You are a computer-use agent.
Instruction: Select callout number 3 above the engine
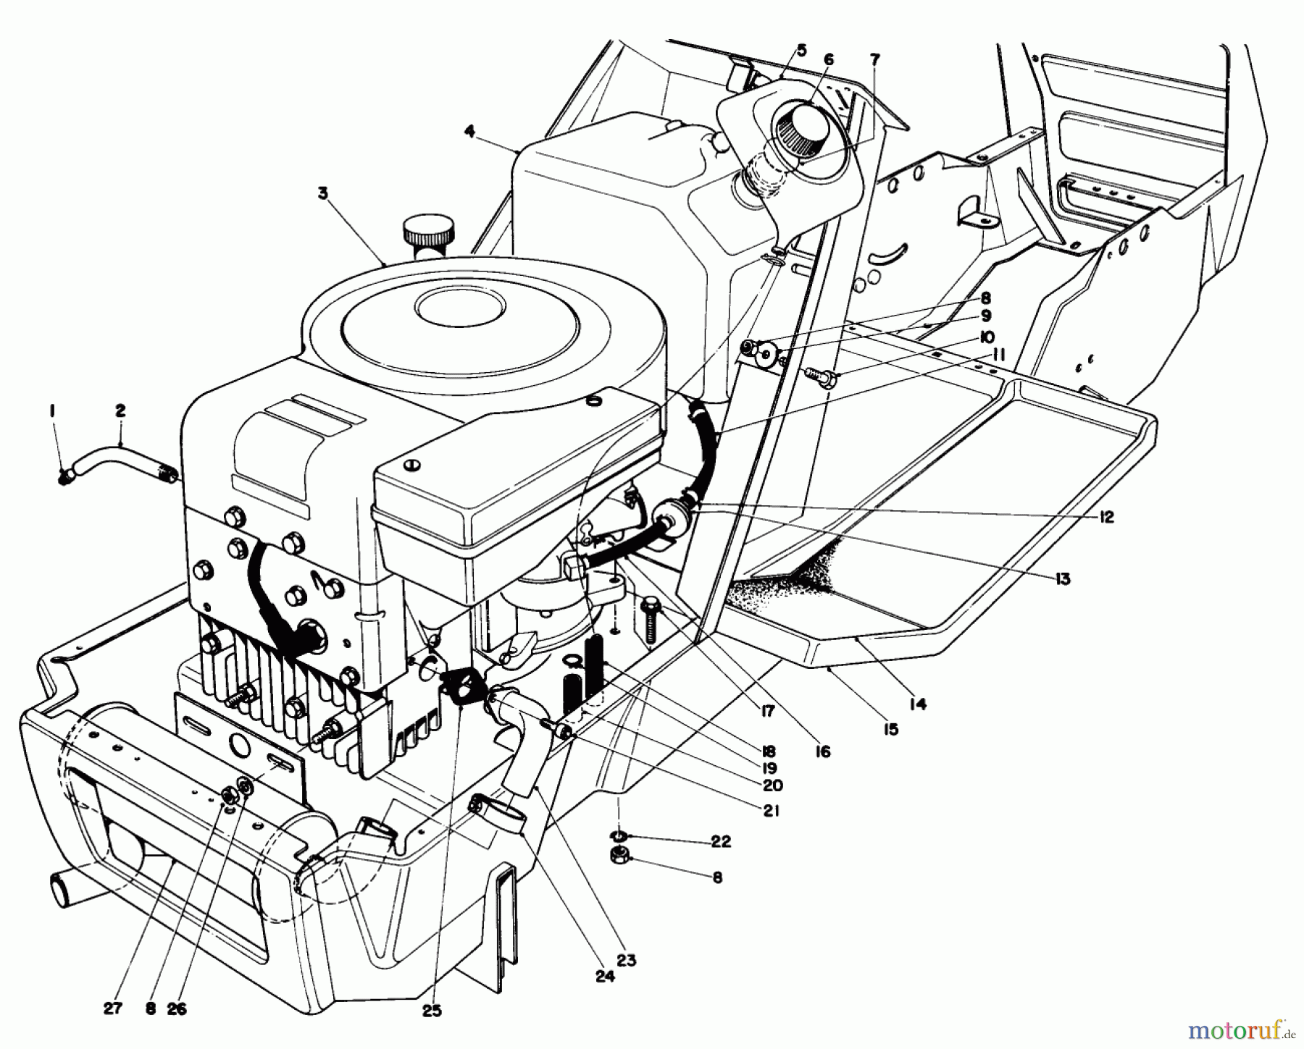pos(322,193)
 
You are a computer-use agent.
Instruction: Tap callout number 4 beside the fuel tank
pos(470,132)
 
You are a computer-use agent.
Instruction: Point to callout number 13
pos(1063,578)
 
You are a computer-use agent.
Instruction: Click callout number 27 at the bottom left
pos(113,1008)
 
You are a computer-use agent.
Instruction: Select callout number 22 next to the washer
pos(721,841)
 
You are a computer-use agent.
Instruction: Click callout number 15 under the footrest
pos(890,729)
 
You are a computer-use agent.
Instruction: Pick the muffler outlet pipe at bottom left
pos(62,889)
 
